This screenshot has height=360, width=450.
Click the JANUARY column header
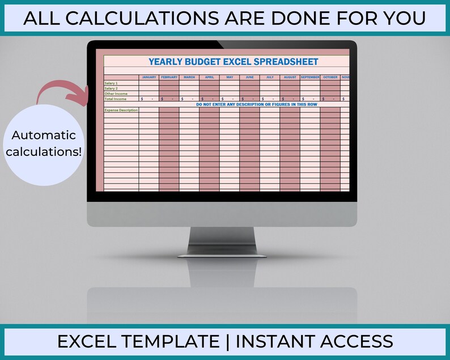tap(149, 77)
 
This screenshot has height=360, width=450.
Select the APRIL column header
tap(209, 77)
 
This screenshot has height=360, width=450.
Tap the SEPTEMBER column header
tap(310, 77)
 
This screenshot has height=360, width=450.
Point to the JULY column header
tap(270, 77)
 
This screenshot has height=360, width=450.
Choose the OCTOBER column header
tap(330, 77)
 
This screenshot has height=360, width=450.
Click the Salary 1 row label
tap(111, 83)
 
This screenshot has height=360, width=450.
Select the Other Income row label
tap(116, 94)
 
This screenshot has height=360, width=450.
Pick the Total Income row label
tap(115, 99)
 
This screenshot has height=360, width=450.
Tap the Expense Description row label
tap(121, 110)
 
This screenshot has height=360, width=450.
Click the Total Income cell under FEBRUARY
tap(169, 99)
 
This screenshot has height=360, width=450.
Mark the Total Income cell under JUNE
tap(249, 99)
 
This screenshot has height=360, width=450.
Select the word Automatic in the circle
tap(44, 135)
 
